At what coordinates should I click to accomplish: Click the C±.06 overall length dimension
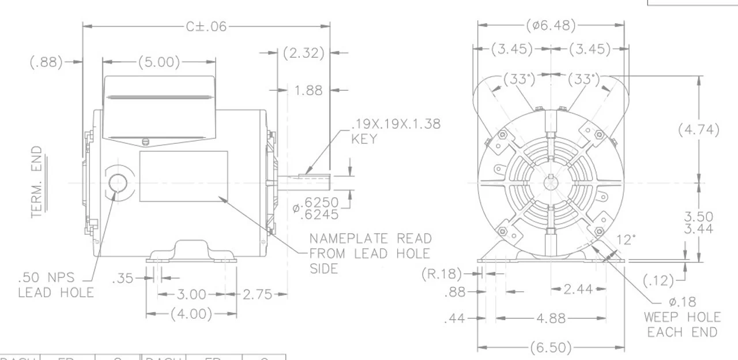pyautogui.click(x=206, y=27)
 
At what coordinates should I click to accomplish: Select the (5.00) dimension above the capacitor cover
pyautogui.click(x=159, y=62)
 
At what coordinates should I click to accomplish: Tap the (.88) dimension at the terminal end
pyautogui.click(x=46, y=62)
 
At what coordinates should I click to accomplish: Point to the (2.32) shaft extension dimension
pyautogui.click(x=303, y=53)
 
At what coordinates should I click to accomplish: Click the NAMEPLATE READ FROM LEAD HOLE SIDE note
pyautogui.click(x=370, y=253)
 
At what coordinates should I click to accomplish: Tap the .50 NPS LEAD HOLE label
pyautogui.click(x=55, y=285)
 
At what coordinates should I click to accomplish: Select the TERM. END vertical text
pyautogui.click(x=37, y=181)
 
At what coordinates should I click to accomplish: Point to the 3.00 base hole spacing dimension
pyautogui.click(x=191, y=295)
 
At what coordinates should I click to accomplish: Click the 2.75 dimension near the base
pyautogui.click(x=257, y=295)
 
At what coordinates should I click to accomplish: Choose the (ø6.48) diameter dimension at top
pyautogui.click(x=551, y=26)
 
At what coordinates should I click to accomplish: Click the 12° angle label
pyautogui.click(x=625, y=239)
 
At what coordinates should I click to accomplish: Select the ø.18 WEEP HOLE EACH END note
pyautogui.click(x=683, y=317)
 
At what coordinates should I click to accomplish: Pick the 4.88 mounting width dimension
pyautogui.click(x=551, y=318)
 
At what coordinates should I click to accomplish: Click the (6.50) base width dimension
pyautogui.click(x=551, y=348)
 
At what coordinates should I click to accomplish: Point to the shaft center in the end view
pyautogui.click(x=551, y=183)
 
